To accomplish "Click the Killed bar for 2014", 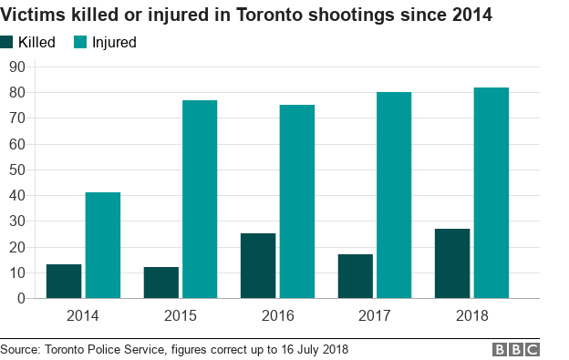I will click(x=64, y=281).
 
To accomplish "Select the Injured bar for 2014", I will click(x=103, y=245).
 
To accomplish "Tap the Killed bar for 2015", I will click(x=161, y=283).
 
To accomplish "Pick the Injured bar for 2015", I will click(x=200, y=199).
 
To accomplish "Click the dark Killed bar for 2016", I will click(x=258, y=265).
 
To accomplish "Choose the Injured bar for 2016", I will click(x=297, y=201).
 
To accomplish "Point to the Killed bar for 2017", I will click(x=355, y=276).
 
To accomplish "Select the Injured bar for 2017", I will click(x=394, y=195).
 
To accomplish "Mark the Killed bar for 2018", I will click(x=452, y=263).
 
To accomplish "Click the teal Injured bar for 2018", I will click(x=491, y=192).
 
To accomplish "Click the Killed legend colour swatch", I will click(x=7, y=42).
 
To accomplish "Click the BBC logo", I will click(x=516, y=349).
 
